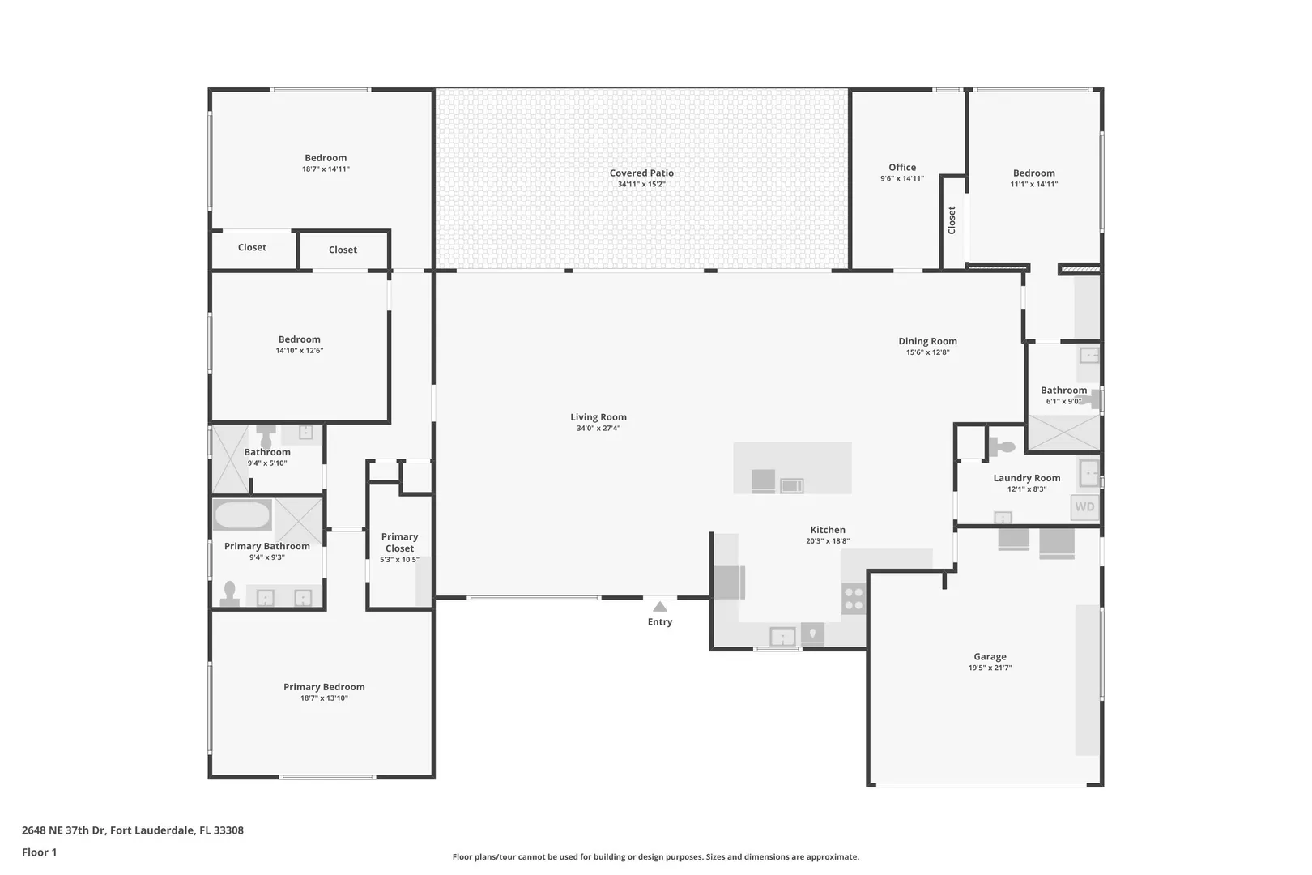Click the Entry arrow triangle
pyautogui.click(x=660, y=607)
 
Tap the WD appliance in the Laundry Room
pyautogui.click(x=1084, y=507)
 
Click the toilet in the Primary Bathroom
pyautogui.click(x=229, y=593)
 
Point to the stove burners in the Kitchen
pyautogui.click(x=854, y=599)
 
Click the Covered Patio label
pyautogui.click(x=641, y=173)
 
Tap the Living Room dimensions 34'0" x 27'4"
pyautogui.click(x=598, y=429)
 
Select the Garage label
pyautogui.click(x=990, y=656)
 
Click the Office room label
pyautogui.click(x=902, y=167)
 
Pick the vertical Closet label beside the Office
pyautogui.click(x=952, y=220)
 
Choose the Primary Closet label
pyautogui.click(x=399, y=542)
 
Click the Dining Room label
pyautogui.click(x=928, y=341)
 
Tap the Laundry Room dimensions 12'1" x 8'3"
pyautogui.click(x=1027, y=489)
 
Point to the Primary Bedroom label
pyautogui.click(x=324, y=687)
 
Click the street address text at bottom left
pyautogui.click(x=133, y=830)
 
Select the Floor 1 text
pyautogui.click(x=39, y=852)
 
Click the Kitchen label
pyautogui.click(x=828, y=530)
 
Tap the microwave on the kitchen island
pyautogui.click(x=792, y=485)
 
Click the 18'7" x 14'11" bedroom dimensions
pyautogui.click(x=326, y=169)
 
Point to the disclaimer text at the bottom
pyautogui.click(x=655, y=857)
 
